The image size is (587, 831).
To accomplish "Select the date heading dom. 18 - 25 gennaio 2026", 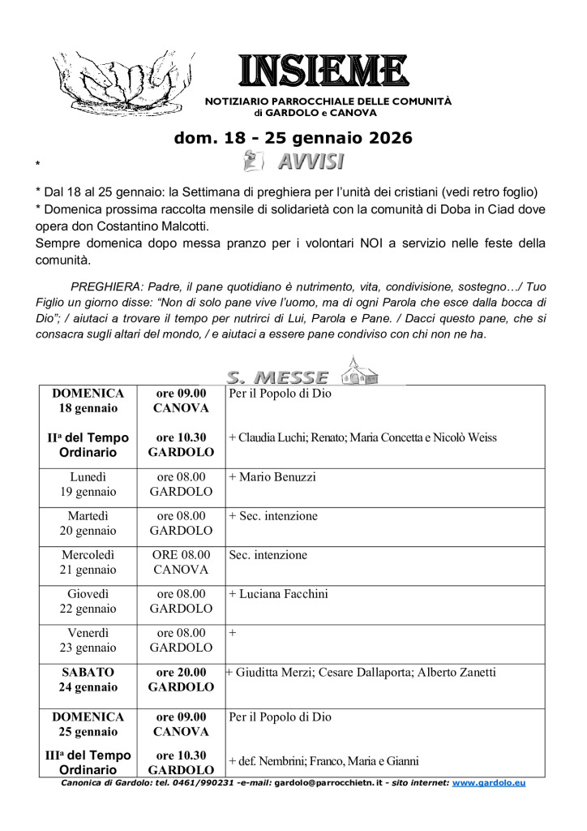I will pos(293,138).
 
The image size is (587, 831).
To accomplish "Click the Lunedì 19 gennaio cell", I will pos(88,484).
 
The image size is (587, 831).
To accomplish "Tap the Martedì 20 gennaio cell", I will pos(88,523).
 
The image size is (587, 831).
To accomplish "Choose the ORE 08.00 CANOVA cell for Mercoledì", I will pos(182,562).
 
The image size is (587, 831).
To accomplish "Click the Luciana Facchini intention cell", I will pos(278,594).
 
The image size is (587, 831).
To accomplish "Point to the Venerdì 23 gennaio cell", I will pos(88,640).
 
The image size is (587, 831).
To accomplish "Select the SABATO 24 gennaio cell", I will pos(88,679).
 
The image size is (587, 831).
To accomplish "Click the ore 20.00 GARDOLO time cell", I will pos(182,679).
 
